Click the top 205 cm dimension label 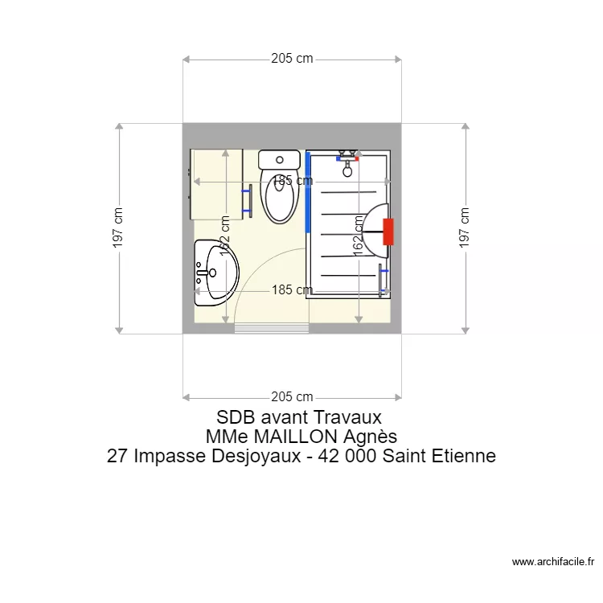click(292, 59)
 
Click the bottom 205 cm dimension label click(292, 396)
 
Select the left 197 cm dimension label click(118, 228)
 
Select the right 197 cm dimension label click(464, 228)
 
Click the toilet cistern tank click(280, 159)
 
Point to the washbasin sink click(212, 273)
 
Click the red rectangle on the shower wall click(388, 232)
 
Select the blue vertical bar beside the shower click(307, 191)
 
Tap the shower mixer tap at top click(348, 159)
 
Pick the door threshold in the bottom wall click(271, 328)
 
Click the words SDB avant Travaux click(298, 418)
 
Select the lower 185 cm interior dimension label click(292, 290)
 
